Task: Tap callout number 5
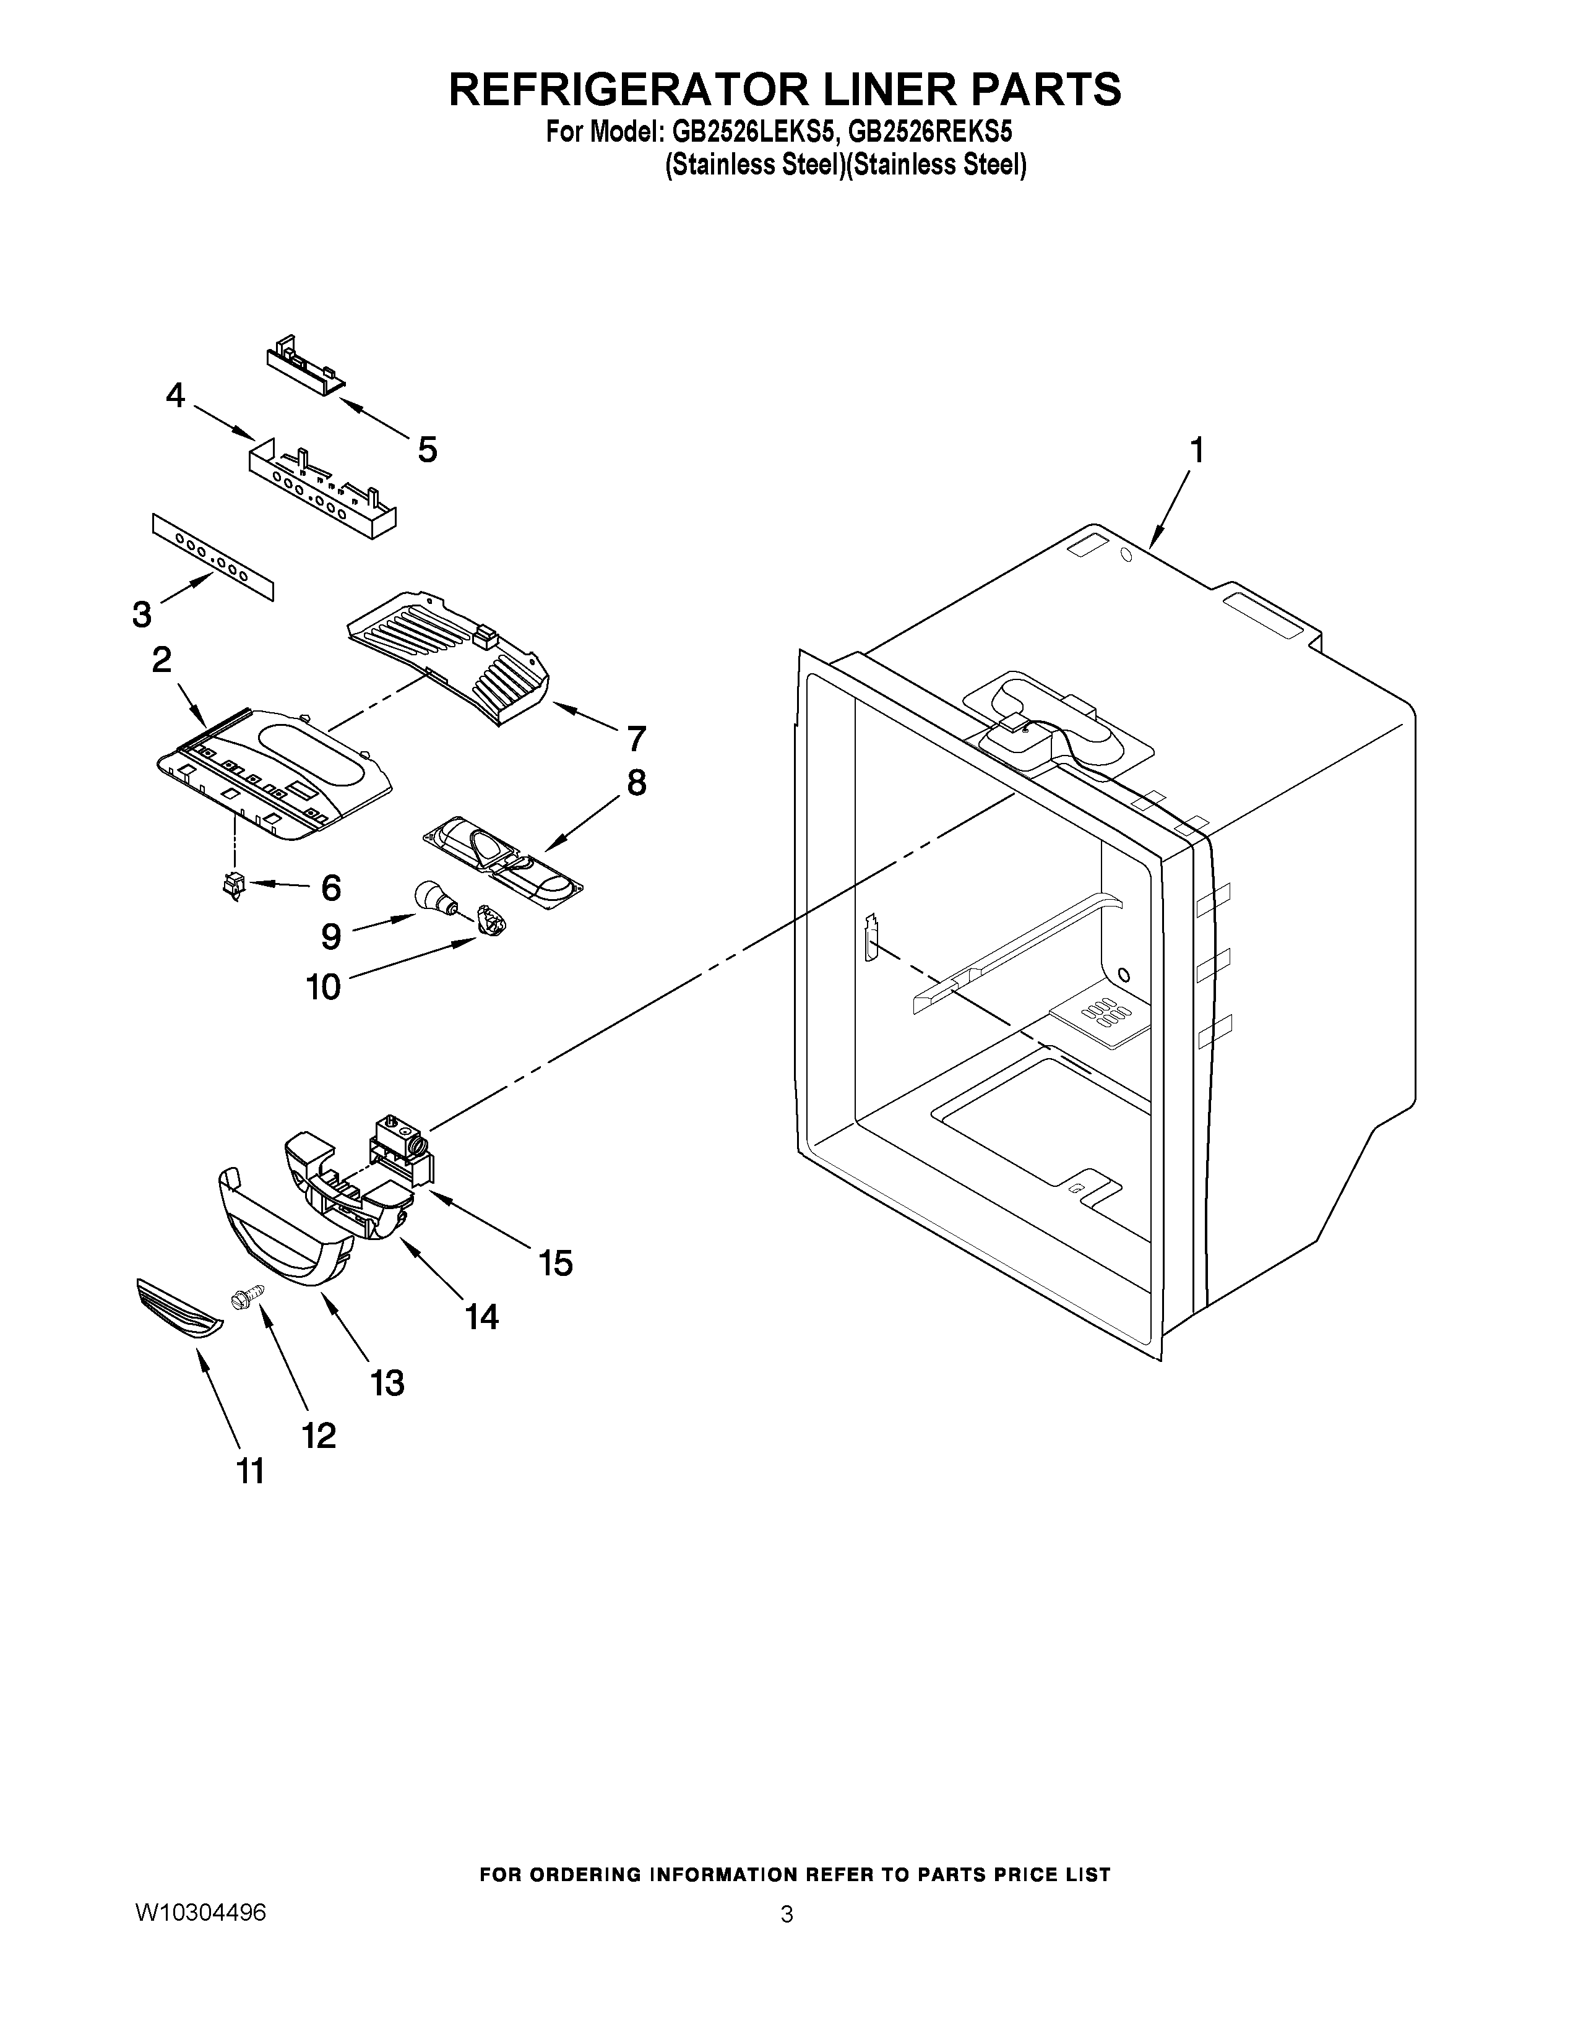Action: (426, 450)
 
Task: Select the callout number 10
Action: (324, 986)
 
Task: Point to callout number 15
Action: (555, 1263)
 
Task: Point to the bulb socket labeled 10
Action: (489, 921)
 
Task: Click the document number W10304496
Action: (201, 1934)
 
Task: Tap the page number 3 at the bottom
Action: (787, 1936)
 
